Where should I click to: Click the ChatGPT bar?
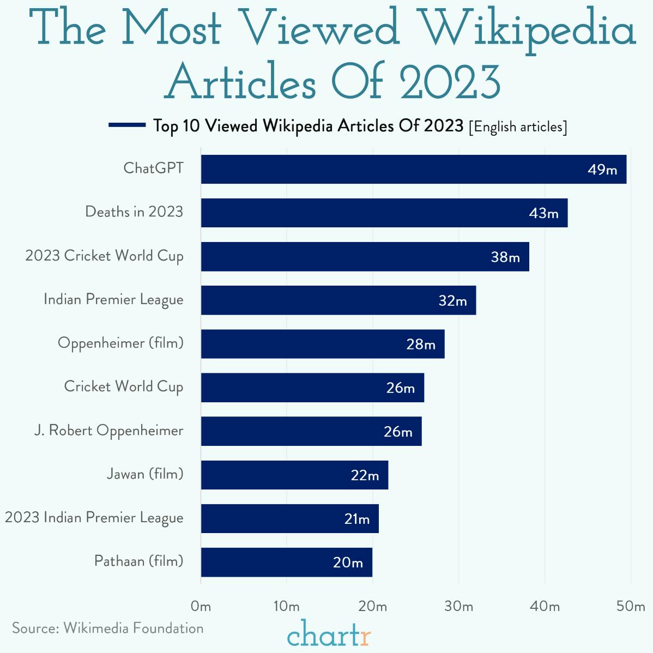pyautogui.click(x=413, y=169)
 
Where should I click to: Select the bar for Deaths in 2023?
pyautogui.click(x=384, y=213)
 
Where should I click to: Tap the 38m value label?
pyautogui.click(x=505, y=257)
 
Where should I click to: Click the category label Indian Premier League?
pyautogui.click(x=113, y=300)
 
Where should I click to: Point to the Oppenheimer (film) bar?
pyautogui.click(x=322, y=344)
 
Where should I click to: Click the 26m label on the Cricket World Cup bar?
pyautogui.click(x=401, y=388)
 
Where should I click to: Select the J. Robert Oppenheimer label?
pyautogui.click(x=108, y=431)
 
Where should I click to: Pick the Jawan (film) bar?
pyautogui.click(x=294, y=475)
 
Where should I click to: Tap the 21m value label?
pyautogui.click(x=357, y=519)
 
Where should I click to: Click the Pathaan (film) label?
pyautogui.click(x=138, y=561)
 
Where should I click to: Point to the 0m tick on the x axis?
pyautogui.click(x=201, y=607)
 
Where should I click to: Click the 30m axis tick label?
pyautogui.click(x=458, y=607)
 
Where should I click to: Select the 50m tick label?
pyautogui.click(x=631, y=607)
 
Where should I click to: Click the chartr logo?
pyautogui.click(x=329, y=634)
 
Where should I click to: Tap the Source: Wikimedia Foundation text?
pyautogui.click(x=108, y=628)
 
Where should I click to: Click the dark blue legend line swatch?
pyautogui.click(x=126, y=125)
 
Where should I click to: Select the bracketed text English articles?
pyautogui.click(x=518, y=127)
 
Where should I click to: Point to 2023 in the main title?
pyautogui.click(x=450, y=82)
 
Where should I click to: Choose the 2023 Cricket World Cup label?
pyautogui.click(x=104, y=256)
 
